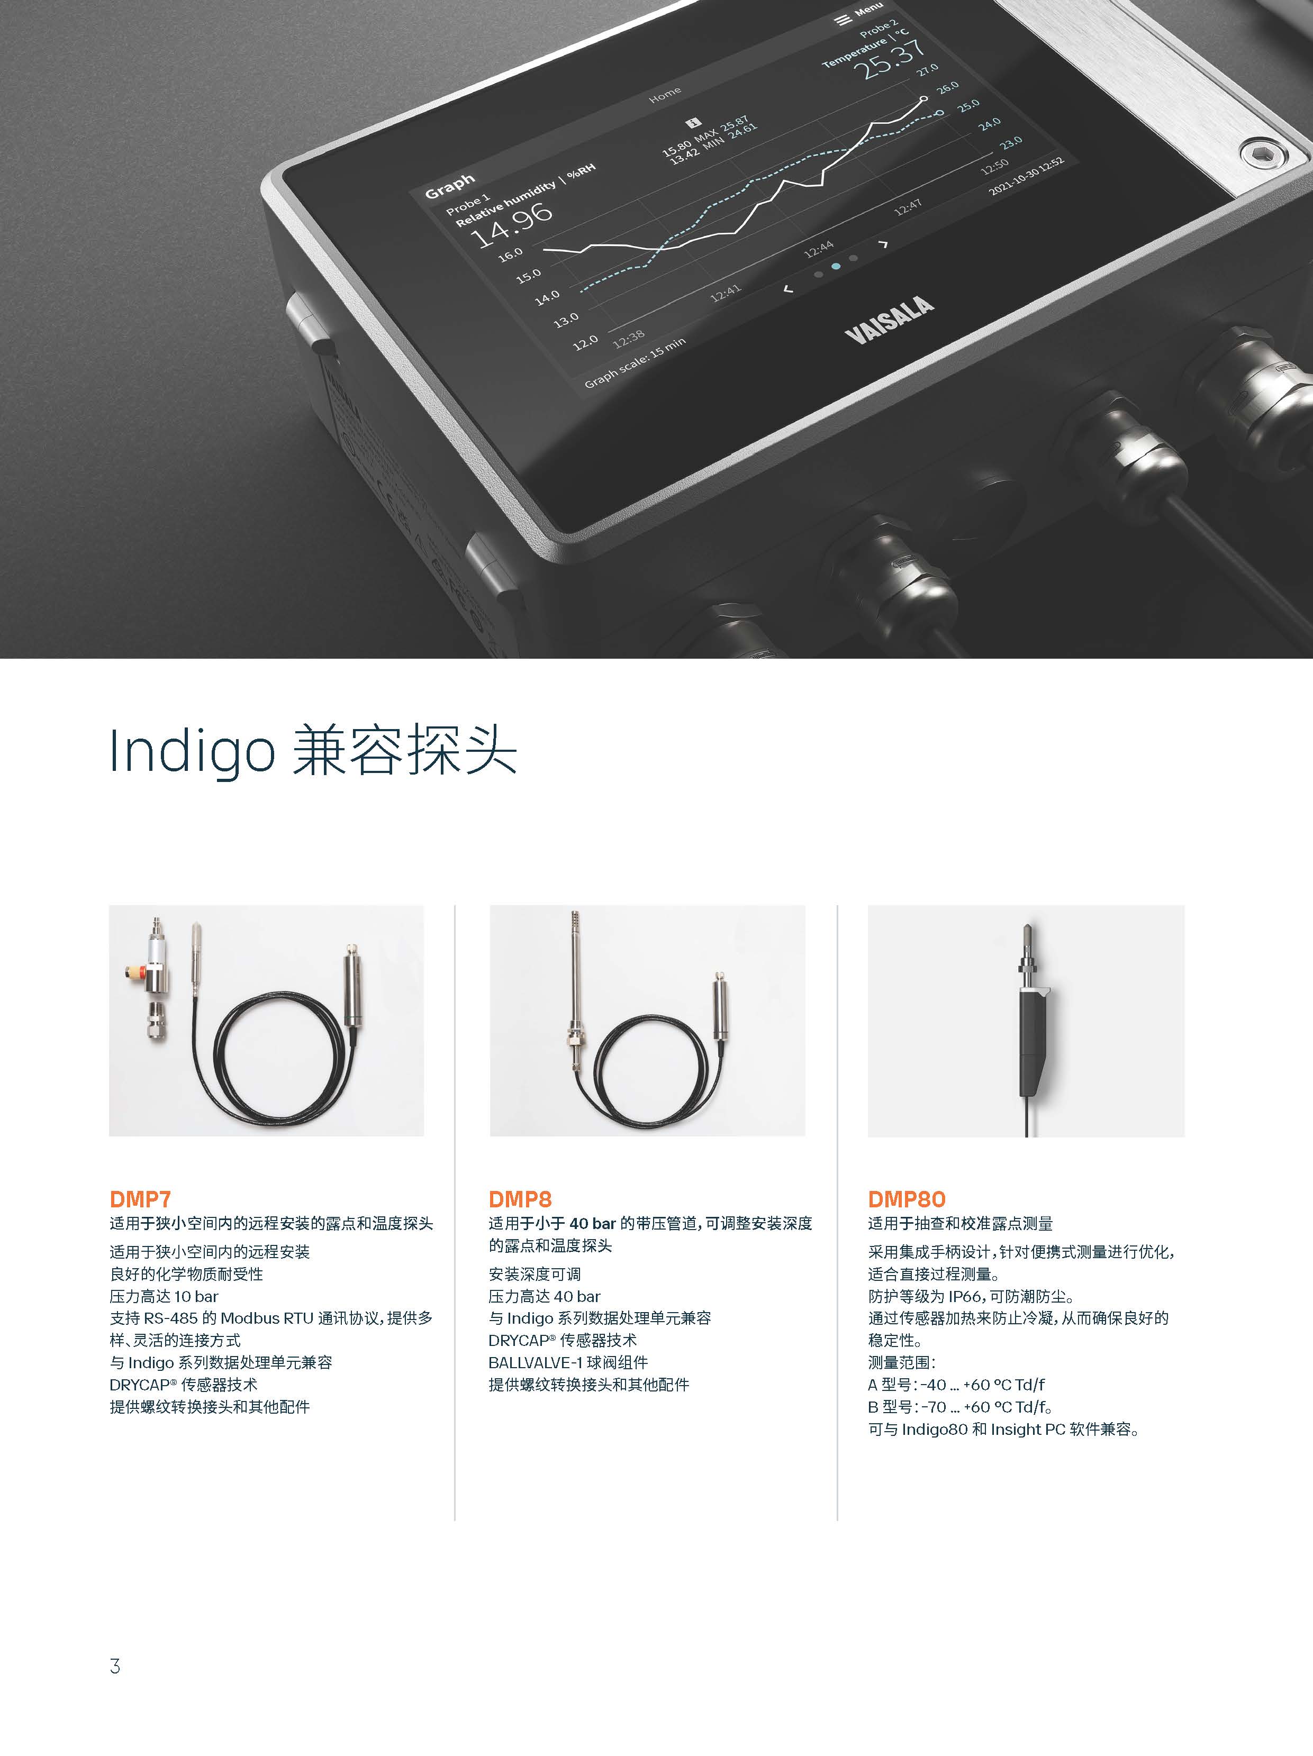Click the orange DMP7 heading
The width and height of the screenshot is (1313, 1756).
141,1199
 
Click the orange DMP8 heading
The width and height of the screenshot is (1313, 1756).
520,1199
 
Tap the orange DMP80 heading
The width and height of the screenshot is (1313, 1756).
907,1199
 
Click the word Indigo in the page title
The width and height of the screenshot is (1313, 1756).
192,750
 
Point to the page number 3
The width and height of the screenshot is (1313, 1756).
115,1666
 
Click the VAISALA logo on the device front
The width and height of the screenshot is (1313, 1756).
889,320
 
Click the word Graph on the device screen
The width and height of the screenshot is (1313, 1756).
450,187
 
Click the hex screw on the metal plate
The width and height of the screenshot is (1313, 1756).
1260,152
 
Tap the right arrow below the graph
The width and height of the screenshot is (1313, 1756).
884,244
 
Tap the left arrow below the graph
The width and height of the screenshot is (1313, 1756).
789,289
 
